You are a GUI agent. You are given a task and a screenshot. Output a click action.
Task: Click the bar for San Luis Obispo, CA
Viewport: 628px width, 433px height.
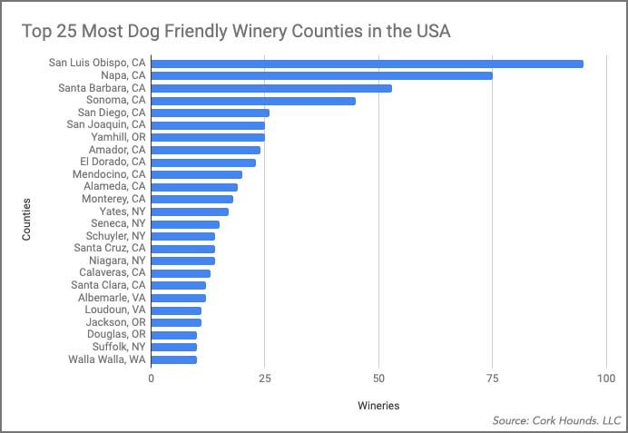(x=367, y=64)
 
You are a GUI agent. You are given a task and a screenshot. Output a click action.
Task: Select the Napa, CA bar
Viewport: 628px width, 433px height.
(x=321, y=75)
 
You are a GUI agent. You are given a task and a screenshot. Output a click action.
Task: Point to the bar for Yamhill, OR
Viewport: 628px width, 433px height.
(x=208, y=137)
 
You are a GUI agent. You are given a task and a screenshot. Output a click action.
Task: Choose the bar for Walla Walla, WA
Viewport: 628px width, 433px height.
(x=174, y=359)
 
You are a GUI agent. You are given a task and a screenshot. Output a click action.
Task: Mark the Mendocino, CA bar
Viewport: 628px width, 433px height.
(x=197, y=174)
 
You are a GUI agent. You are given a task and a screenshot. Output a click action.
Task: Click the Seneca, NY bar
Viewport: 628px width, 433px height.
(x=185, y=223)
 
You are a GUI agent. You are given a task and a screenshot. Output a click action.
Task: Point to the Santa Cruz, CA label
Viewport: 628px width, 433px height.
(x=110, y=248)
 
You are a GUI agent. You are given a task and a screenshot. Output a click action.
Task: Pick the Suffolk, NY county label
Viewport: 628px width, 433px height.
(x=119, y=347)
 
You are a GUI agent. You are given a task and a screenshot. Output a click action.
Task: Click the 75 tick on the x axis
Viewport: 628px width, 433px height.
(x=493, y=379)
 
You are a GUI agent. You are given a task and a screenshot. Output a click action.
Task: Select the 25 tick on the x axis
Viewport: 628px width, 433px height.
(x=265, y=379)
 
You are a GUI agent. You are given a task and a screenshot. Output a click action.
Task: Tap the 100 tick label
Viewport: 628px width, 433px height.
(x=606, y=379)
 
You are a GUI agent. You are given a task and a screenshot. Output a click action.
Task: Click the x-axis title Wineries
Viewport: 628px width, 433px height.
(x=377, y=405)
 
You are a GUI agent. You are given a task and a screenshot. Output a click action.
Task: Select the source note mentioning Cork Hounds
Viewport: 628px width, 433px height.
(x=556, y=420)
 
